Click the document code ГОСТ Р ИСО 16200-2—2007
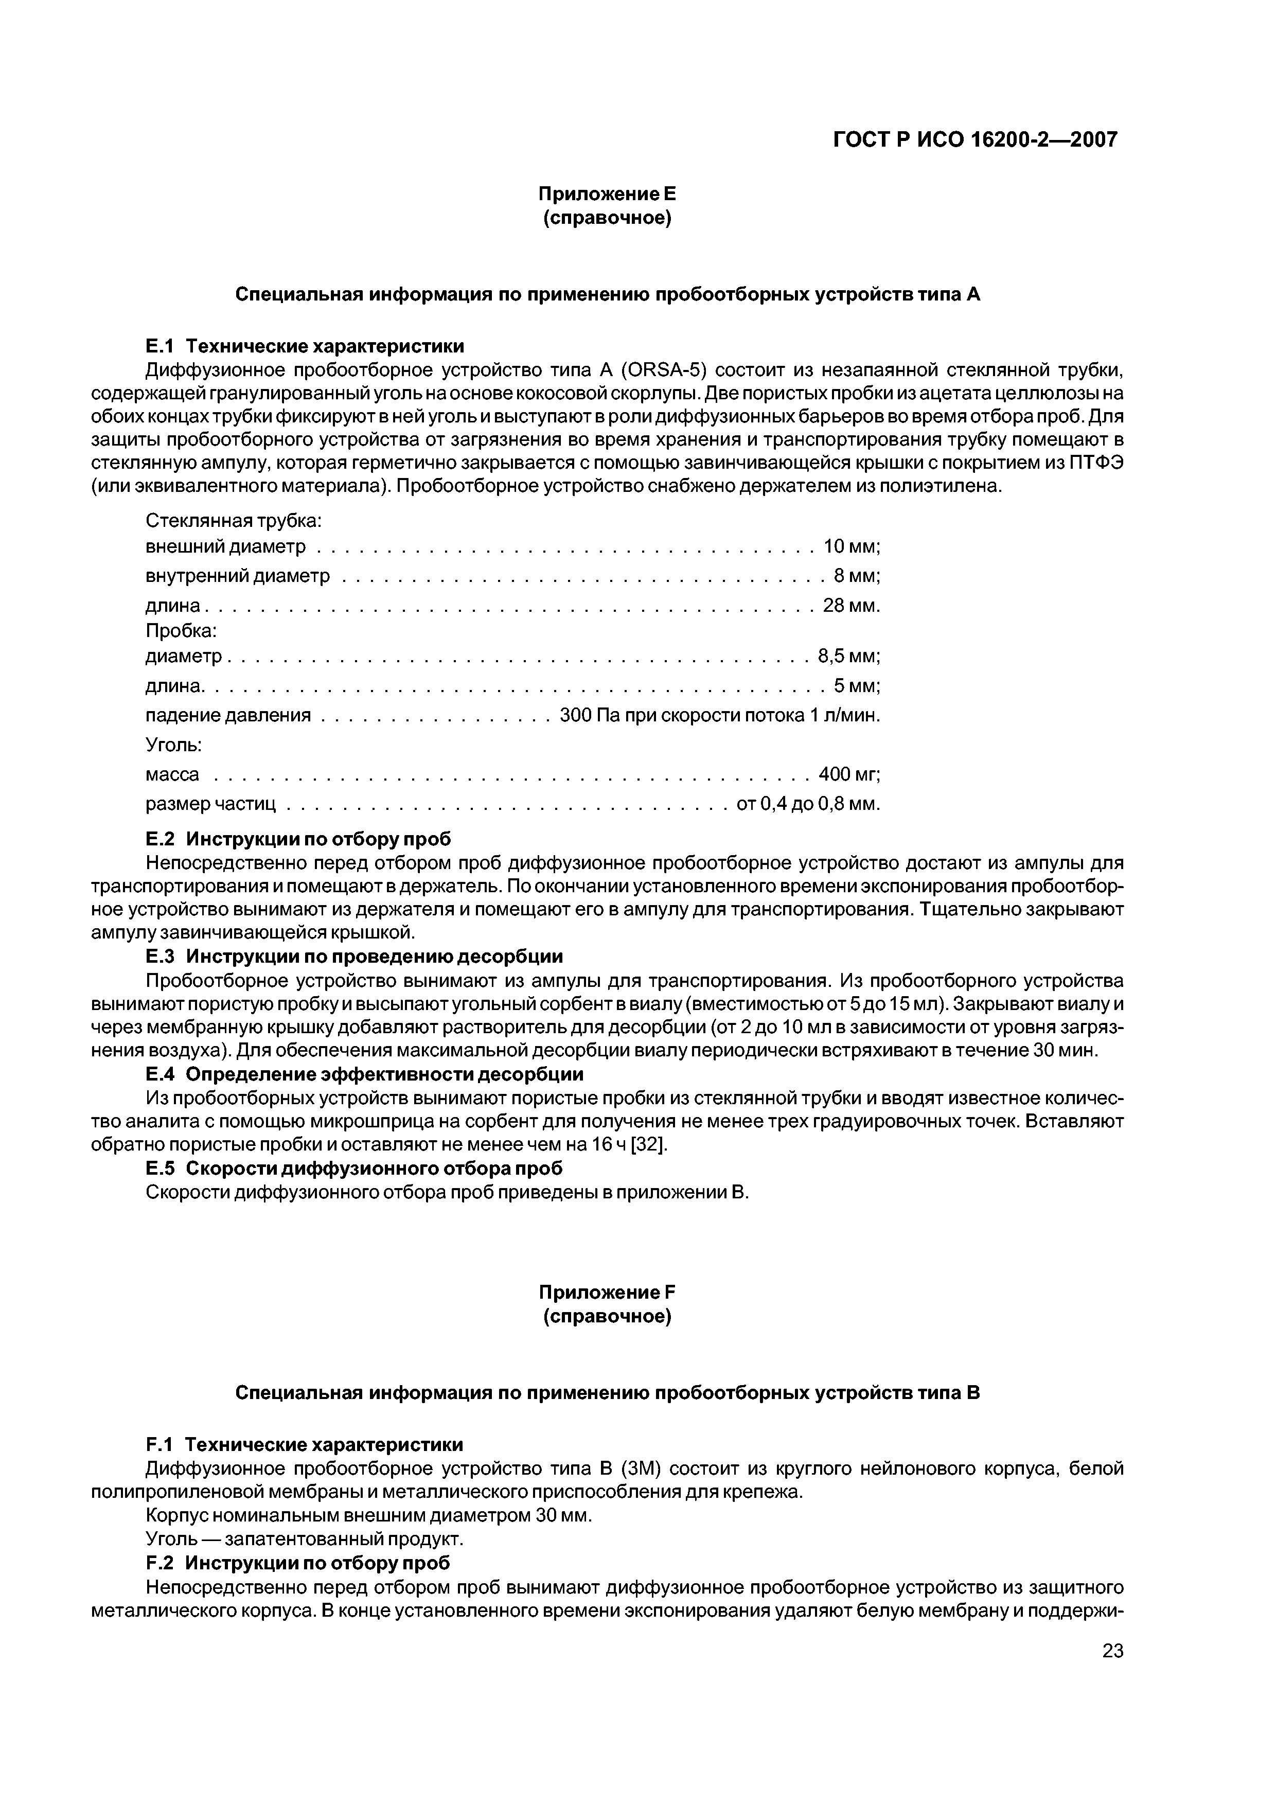click(x=975, y=140)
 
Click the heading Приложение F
click(x=607, y=1293)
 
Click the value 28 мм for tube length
click(x=850, y=606)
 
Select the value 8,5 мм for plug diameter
click(x=848, y=656)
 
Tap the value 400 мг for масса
click(x=848, y=774)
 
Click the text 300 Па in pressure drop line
click(x=584, y=715)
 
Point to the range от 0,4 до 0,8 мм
click(x=807, y=804)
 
